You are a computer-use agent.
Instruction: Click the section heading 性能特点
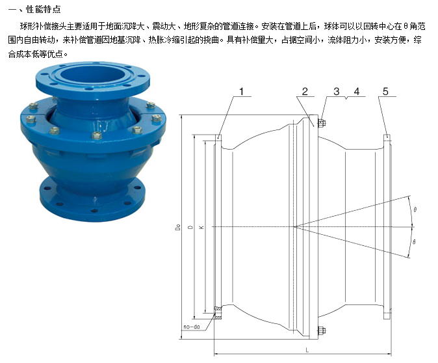click(44, 9)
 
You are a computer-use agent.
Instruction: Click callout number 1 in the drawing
click(241, 92)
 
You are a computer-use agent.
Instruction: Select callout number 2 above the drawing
click(305, 92)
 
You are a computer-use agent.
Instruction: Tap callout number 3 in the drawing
click(337, 92)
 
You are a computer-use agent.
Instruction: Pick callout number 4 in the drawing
click(356, 92)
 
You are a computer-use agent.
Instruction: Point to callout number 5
click(385, 92)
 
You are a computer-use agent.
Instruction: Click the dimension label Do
click(178, 228)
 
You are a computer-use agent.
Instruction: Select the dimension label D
click(191, 228)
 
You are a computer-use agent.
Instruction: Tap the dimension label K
click(201, 228)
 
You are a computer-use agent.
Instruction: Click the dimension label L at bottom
click(307, 350)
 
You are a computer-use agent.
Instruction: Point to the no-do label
click(192, 327)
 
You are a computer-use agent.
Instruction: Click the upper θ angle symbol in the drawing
click(415, 209)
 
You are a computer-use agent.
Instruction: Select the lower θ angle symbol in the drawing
click(414, 241)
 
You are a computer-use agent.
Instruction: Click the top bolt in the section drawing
click(322, 123)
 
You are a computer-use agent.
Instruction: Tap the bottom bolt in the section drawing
click(322, 330)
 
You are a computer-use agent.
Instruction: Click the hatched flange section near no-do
click(218, 313)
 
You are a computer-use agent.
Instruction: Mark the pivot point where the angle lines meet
click(294, 226)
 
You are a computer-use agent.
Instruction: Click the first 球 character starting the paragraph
click(24, 26)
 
